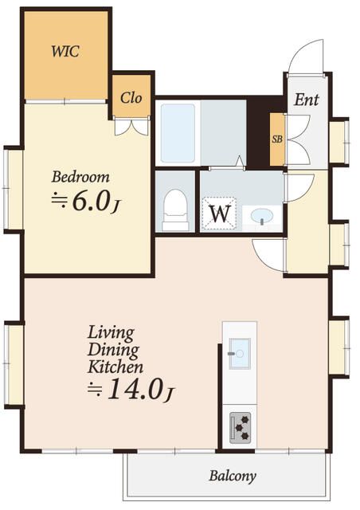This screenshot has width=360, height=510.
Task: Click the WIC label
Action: point(65,51)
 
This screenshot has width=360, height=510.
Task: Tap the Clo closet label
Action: point(131,97)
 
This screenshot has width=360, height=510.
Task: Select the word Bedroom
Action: point(80,177)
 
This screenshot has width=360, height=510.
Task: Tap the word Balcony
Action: point(233,477)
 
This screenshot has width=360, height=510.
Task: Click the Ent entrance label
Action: point(307,100)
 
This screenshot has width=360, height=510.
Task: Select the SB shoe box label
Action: point(277,139)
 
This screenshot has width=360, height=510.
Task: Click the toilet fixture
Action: point(175,210)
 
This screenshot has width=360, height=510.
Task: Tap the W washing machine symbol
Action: point(220,213)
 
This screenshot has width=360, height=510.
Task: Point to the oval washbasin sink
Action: point(262,216)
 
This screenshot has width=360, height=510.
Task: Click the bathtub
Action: point(178,133)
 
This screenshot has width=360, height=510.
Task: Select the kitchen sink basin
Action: point(240,354)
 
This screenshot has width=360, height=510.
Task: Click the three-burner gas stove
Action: point(240,428)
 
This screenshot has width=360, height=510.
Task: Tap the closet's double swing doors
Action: point(131,127)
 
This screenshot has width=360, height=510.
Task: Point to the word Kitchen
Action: point(115,367)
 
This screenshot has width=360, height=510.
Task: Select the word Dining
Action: point(113,350)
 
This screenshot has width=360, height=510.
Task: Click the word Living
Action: point(111,333)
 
